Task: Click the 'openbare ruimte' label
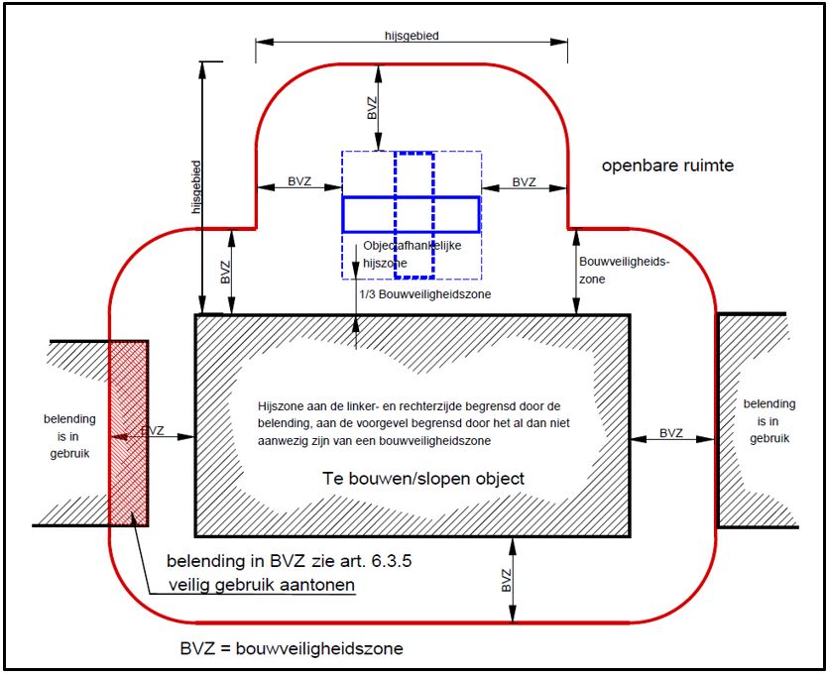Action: pos(667,166)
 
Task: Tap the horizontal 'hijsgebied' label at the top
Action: pos(412,36)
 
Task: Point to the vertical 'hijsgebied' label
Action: pos(196,187)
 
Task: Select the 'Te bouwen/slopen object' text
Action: pos(423,479)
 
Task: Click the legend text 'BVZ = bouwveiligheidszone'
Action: pos(292,648)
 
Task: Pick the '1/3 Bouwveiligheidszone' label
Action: pos(425,294)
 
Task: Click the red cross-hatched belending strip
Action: pos(128,433)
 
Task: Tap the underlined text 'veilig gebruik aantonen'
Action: pos(262,585)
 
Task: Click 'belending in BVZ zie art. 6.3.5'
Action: pos(289,561)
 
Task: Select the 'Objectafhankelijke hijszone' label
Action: pos(412,254)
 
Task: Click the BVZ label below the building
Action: pos(507,580)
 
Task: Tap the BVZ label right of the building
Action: pos(671,433)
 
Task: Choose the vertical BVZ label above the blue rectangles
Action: pos(373,108)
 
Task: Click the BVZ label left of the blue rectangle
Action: pos(299,181)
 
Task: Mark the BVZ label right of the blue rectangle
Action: pos(525,182)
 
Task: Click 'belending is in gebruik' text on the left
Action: pos(69,436)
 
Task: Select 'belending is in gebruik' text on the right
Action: pos(769,421)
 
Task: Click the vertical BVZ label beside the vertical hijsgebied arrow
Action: pos(226,273)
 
